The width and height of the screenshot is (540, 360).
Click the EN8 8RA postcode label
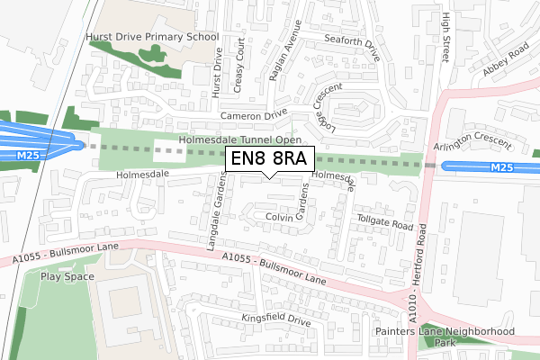coord(269,159)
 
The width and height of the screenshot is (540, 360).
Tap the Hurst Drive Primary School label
coord(151,38)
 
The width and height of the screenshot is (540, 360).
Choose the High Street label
coord(445,39)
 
